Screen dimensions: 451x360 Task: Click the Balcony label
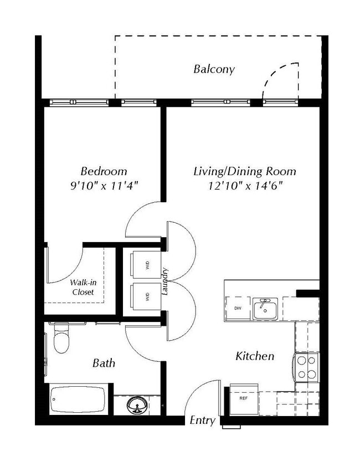(213, 69)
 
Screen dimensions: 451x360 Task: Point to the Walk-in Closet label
(83, 287)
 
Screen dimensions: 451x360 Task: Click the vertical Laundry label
(165, 282)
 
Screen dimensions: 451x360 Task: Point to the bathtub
(78, 399)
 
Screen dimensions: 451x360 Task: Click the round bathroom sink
(136, 406)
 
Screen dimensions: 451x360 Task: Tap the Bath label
(104, 363)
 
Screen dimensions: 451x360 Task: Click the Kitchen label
(255, 356)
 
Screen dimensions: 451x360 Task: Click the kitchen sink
(266, 309)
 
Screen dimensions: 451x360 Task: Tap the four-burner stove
(306, 367)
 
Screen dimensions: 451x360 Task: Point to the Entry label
(202, 421)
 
